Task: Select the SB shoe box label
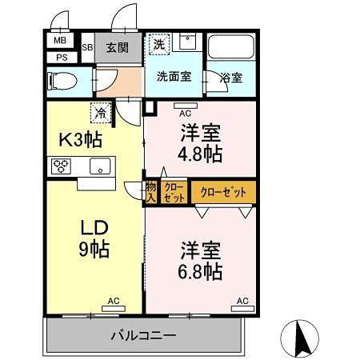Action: (87, 47)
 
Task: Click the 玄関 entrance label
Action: (117, 47)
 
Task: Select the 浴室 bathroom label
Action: (231, 78)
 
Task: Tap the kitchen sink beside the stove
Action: (101, 166)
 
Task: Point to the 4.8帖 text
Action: (201, 154)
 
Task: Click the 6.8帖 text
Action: (201, 272)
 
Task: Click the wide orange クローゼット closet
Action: (223, 193)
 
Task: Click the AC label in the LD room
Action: (114, 301)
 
